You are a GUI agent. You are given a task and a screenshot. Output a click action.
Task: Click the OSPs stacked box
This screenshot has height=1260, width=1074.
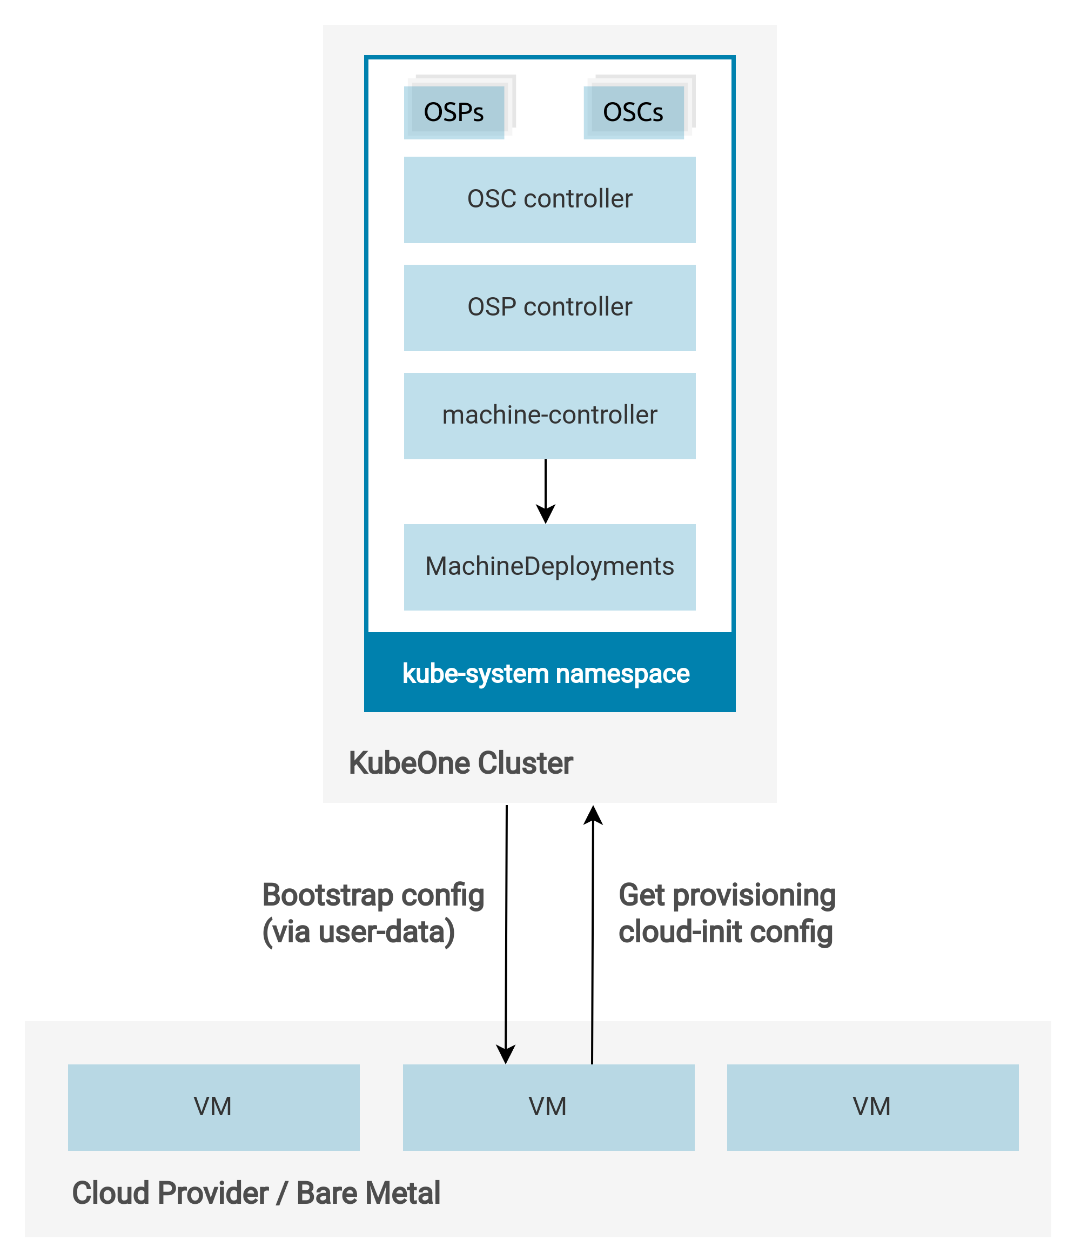click(x=454, y=112)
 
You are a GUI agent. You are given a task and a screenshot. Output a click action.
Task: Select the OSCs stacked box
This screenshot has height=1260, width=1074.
click(x=634, y=112)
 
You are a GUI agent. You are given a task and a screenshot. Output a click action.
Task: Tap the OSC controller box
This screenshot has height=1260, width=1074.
click(x=549, y=199)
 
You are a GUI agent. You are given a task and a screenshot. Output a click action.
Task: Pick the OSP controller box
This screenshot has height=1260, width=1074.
click(x=549, y=307)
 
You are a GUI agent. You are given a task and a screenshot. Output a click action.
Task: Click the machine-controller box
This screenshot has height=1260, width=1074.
click(x=549, y=415)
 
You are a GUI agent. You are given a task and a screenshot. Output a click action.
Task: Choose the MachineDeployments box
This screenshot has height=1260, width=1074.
click(x=549, y=567)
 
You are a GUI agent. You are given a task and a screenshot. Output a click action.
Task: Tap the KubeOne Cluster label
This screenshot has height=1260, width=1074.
click(x=460, y=762)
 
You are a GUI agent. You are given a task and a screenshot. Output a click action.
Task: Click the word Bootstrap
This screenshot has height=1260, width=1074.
click(x=328, y=895)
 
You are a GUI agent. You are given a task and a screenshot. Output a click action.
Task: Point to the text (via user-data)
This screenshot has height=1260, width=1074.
click(x=358, y=931)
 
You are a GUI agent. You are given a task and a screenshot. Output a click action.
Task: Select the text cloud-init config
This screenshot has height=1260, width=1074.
click(x=725, y=931)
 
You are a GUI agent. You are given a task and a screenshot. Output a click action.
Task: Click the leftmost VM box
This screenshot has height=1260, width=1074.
click(x=213, y=1107)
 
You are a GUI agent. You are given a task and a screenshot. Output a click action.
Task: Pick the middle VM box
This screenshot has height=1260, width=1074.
click(x=548, y=1107)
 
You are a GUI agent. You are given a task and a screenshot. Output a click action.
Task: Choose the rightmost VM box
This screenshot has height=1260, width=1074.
click(x=872, y=1107)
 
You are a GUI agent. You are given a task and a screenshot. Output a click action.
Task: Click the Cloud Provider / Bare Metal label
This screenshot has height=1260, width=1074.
click(x=256, y=1192)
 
